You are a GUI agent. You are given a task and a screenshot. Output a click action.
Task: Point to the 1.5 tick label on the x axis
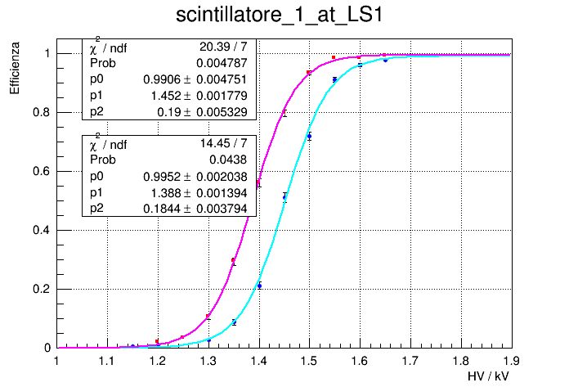pyautogui.click(x=309, y=360)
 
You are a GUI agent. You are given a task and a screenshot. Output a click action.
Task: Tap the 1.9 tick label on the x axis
pyautogui.click(x=512, y=360)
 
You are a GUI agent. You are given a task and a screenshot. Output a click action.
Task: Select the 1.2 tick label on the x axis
pyautogui.click(x=157, y=360)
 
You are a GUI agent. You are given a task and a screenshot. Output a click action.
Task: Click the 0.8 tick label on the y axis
pyautogui.click(x=39, y=112)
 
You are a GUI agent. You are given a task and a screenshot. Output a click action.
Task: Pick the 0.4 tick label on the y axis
pyautogui.click(x=39, y=230)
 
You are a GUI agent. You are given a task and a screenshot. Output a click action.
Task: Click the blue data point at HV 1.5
pyautogui.click(x=309, y=136)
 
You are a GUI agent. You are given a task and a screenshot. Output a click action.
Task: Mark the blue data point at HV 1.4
pyautogui.click(x=259, y=286)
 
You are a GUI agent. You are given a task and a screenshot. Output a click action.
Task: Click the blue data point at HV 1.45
pyautogui.click(x=284, y=196)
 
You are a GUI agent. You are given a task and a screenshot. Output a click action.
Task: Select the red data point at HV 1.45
pyautogui.click(x=284, y=113)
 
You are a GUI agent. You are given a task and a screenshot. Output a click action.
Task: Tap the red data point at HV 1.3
pyautogui.click(x=208, y=317)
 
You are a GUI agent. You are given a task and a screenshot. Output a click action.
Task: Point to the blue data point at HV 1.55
pyautogui.click(x=334, y=79)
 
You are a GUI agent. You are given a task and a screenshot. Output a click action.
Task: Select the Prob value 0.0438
pyautogui.click(x=228, y=160)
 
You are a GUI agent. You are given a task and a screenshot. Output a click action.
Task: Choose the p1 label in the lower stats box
pyautogui.click(x=97, y=193)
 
